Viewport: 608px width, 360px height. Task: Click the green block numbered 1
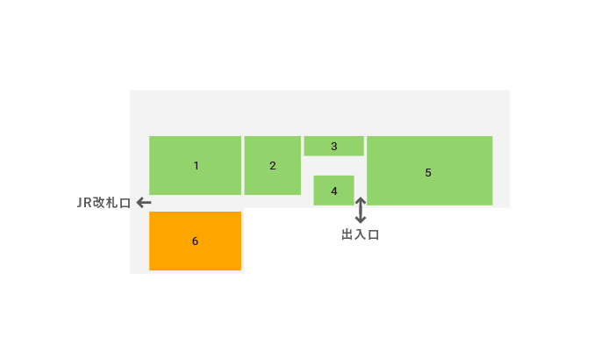tap(195, 165)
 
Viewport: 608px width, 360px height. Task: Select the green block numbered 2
tap(273, 165)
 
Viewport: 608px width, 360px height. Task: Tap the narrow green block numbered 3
tap(334, 146)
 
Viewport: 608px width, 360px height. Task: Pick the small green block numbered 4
tap(334, 191)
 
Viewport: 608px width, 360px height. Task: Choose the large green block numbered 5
tap(430, 170)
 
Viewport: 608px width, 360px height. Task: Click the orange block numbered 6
tap(195, 241)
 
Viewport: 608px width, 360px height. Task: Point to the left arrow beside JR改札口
tap(144, 203)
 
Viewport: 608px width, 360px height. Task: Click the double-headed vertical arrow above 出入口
tap(361, 210)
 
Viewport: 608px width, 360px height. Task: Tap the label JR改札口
tap(104, 203)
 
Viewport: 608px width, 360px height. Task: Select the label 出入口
tap(361, 234)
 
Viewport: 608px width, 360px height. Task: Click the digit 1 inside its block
tap(197, 166)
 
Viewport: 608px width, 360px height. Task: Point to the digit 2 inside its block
tap(273, 166)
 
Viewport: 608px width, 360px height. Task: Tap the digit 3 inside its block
tap(334, 147)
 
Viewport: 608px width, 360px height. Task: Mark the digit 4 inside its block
tap(334, 191)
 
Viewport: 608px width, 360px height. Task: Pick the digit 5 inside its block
tap(428, 173)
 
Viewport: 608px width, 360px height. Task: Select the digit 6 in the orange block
tap(195, 241)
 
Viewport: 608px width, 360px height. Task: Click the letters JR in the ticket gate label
tap(84, 203)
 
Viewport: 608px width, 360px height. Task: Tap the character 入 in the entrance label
tap(361, 234)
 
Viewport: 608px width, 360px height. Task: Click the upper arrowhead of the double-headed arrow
tap(361, 200)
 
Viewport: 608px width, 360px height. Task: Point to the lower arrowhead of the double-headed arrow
tap(361, 220)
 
